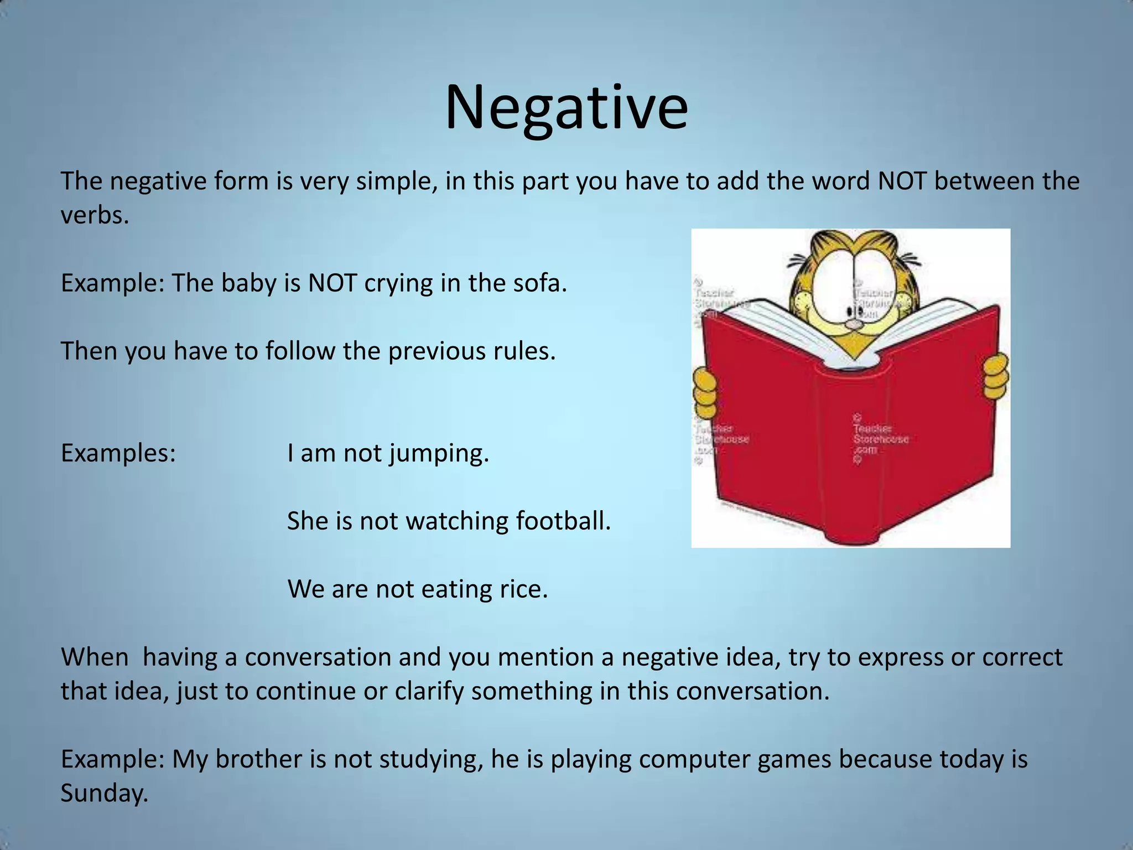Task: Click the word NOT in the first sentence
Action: coord(902,182)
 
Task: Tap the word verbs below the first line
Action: coord(94,216)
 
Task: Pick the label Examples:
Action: coord(118,453)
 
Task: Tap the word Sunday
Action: coord(104,794)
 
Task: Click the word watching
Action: coord(457,521)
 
